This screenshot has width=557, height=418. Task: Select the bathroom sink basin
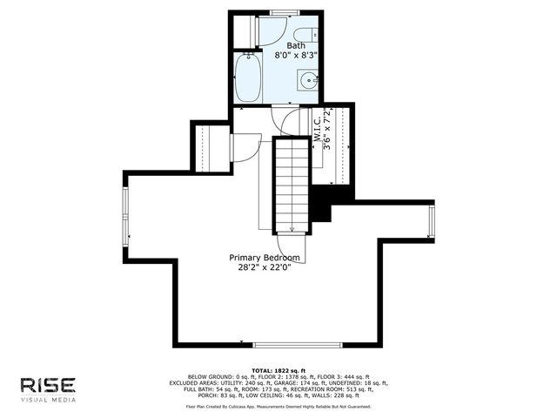[x=308, y=82]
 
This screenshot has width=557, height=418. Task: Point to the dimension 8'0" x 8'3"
[x=295, y=54]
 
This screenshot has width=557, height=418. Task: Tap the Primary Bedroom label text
[x=265, y=258]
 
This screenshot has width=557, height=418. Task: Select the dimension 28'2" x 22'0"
[x=265, y=268]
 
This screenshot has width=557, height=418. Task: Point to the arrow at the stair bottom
[x=292, y=229]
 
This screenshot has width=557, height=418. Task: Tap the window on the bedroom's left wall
[x=124, y=214]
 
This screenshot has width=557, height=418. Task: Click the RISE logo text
[x=48, y=385]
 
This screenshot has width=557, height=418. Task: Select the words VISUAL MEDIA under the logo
[x=48, y=401]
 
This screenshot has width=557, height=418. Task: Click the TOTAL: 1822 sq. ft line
[x=278, y=370]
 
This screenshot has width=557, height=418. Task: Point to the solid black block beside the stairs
[x=321, y=206]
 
